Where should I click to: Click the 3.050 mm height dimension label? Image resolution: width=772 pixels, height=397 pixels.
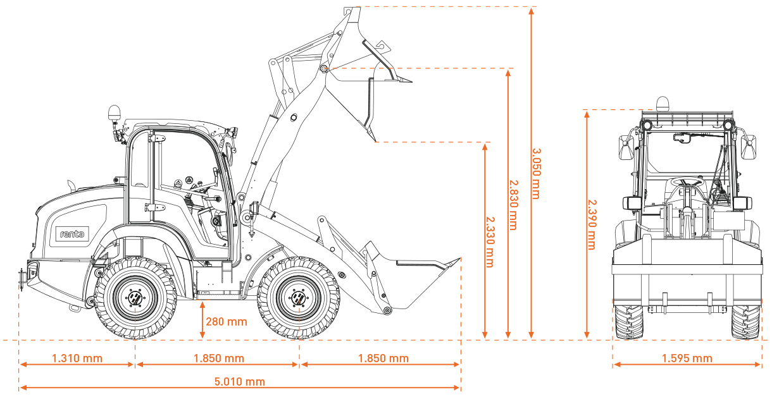535,173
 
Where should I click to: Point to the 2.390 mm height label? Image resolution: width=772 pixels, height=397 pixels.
592,224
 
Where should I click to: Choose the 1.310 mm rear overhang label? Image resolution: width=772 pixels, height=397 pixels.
77,358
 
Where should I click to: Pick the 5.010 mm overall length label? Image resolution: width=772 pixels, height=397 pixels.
239,381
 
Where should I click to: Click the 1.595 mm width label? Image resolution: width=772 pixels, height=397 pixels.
687,358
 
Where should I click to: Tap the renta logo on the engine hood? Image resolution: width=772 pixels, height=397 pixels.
72,234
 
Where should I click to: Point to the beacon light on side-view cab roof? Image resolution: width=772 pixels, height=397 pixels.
115,113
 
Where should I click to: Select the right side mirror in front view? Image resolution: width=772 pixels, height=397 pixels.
749,148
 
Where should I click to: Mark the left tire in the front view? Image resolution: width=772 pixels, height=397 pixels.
628,322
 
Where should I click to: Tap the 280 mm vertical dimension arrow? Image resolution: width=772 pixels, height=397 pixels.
202,320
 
